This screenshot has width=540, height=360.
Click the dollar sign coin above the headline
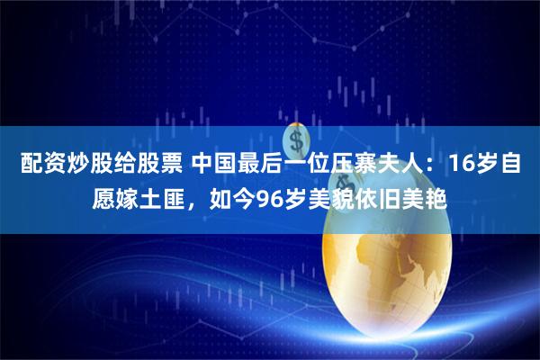click(x=296, y=139)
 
